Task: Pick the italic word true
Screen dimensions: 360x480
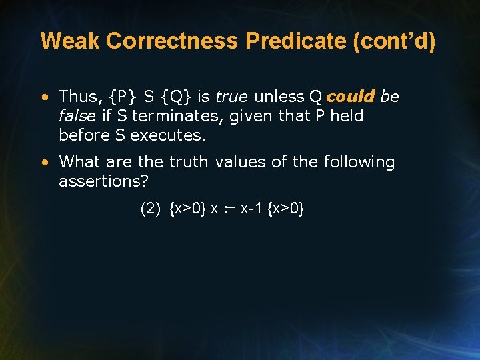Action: click(231, 97)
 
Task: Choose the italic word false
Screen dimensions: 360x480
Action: click(77, 116)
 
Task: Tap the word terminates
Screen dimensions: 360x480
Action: click(173, 116)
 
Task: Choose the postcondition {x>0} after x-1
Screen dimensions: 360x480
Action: click(285, 209)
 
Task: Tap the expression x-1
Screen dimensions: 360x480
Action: click(251, 209)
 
